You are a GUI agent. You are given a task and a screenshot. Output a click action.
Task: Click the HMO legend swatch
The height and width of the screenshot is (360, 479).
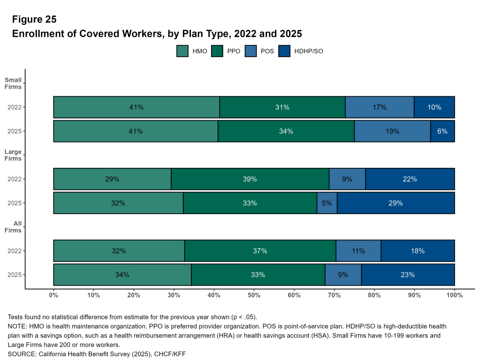(x=182, y=51)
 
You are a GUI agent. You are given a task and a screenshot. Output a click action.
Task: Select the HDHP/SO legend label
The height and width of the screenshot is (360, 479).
(x=309, y=51)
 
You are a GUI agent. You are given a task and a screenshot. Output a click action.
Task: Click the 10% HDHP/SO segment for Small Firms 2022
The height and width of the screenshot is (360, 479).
(x=434, y=107)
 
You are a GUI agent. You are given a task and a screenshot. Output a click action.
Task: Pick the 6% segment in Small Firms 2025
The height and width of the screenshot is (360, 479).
(x=443, y=131)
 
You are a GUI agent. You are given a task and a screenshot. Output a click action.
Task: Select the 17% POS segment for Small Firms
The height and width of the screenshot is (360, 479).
(x=379, y=107)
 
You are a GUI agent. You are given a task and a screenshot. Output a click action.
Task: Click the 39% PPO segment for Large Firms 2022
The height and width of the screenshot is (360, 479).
(x=250, y=179)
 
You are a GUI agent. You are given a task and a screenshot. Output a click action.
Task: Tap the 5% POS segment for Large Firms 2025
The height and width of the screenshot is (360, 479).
(x=327, y=203)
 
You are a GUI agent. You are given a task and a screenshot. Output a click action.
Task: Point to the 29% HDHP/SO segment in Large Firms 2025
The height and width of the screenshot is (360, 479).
(x=396, y=203)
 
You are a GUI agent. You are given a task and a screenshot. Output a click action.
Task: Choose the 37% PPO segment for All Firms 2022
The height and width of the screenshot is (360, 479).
(x=260, y=251)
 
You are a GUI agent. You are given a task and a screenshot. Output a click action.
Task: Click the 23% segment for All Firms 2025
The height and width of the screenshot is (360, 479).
(x=408, y=275)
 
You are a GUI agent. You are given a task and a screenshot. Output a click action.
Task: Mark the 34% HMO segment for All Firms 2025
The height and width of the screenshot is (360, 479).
(x=122, y=275)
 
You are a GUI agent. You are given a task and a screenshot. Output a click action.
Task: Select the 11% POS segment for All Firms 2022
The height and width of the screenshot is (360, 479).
(x=358, y=251)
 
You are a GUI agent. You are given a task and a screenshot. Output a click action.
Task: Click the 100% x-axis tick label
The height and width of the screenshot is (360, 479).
(x=454, y=295)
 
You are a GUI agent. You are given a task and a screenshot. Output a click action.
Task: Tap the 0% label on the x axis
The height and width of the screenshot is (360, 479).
(x=54, y=295)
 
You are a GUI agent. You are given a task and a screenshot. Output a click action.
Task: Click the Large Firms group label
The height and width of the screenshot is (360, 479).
(x=13, y=155)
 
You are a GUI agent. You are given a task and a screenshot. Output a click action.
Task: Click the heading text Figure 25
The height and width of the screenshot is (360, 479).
(x=34, y=19)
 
